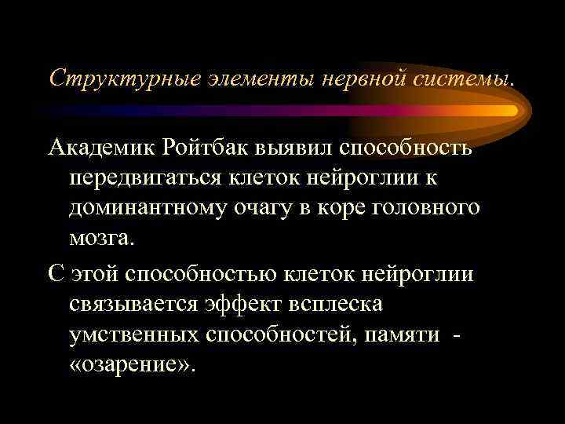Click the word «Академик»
point(102,148)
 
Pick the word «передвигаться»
point(149,179)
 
